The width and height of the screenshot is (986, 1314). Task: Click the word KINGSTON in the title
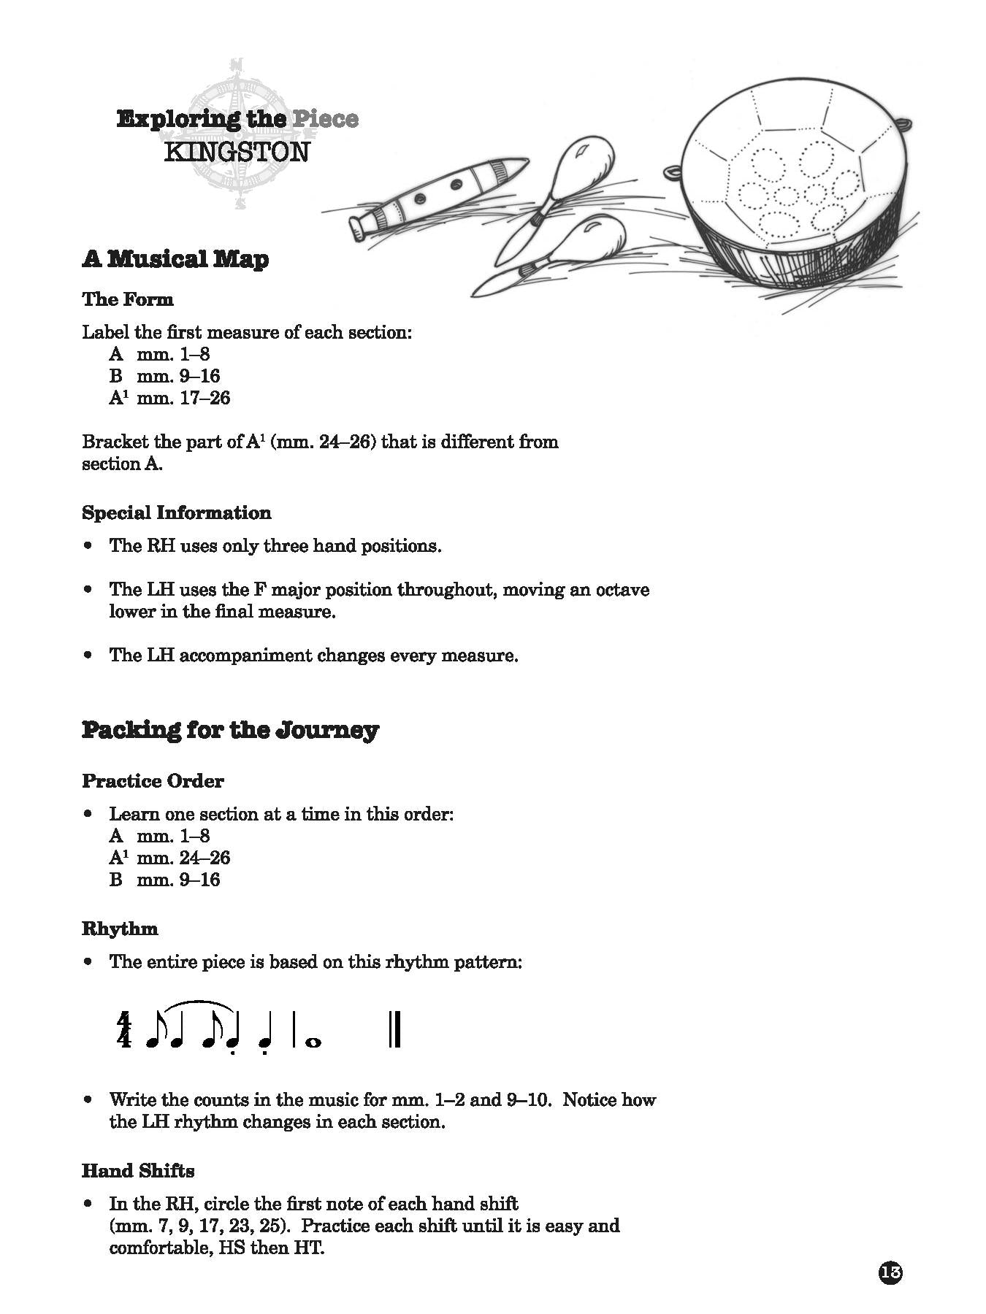(x=237, y=153)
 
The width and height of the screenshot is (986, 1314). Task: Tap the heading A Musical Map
(x=175, y=259)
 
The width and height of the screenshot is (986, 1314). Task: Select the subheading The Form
(x=128, y=299)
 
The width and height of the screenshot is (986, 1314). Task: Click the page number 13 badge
(x=890, y=1253)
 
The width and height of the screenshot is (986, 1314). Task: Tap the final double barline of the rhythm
(x=394, y=1030)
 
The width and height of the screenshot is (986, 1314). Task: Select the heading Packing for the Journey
(x=230, y=730)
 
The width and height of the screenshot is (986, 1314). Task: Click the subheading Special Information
(x=176, y=512)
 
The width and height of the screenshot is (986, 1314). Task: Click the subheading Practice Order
(x=153, y=781)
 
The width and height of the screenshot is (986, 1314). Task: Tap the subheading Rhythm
(x=120, y=929)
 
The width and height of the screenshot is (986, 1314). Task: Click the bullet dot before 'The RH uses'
(x=89, y=546)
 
